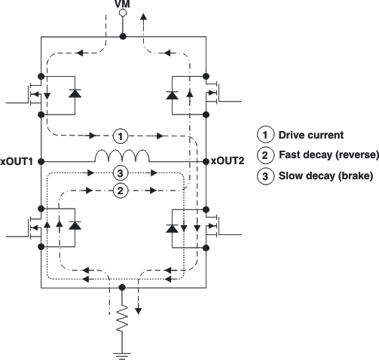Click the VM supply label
click(121, 5)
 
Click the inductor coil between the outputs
click(122, 157)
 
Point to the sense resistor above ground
click(121, 323)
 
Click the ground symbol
click(121, 349)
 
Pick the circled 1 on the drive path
click(121, 136)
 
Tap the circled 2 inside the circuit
click(121, 191)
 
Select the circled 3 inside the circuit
click(121, 174)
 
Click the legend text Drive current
click(310, 136)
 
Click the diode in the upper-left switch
click(74, 93)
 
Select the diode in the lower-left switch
click(74, 225)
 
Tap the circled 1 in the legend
click(265, 136)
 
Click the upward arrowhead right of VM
click(144, 15)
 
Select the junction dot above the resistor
click(121, 287)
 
